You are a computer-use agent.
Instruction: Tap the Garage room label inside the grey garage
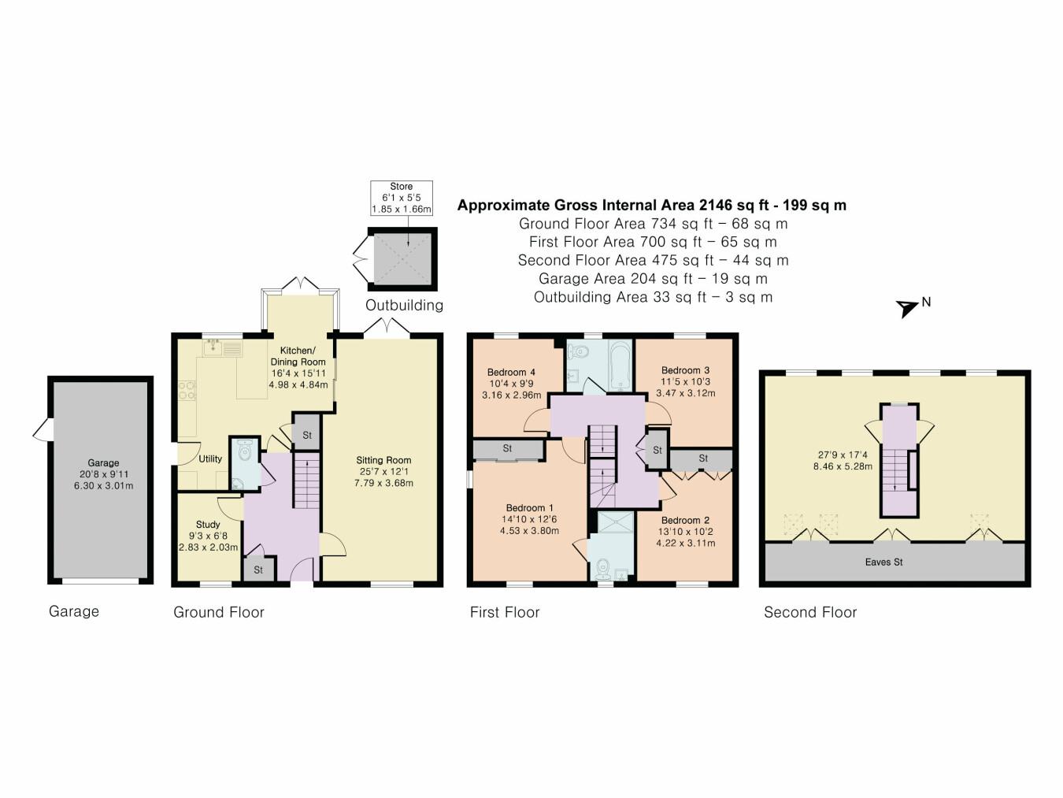coord(103,463)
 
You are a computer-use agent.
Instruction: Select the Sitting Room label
coord(383,460)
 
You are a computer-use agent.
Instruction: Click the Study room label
coord(208,525)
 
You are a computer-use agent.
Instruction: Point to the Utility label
coord(210,458)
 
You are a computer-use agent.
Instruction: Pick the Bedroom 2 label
coord(685,521)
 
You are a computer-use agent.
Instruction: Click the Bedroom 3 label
coord(685,370)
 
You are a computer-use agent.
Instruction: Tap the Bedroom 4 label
coord(511,373)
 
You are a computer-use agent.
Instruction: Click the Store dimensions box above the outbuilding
coord(402,199)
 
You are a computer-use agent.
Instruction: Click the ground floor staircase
coord(306,481)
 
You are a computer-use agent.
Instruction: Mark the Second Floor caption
coord(810,612)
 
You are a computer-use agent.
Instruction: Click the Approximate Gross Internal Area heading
coord(652,206)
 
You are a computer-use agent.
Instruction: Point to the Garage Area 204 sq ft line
coord(653,279)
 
